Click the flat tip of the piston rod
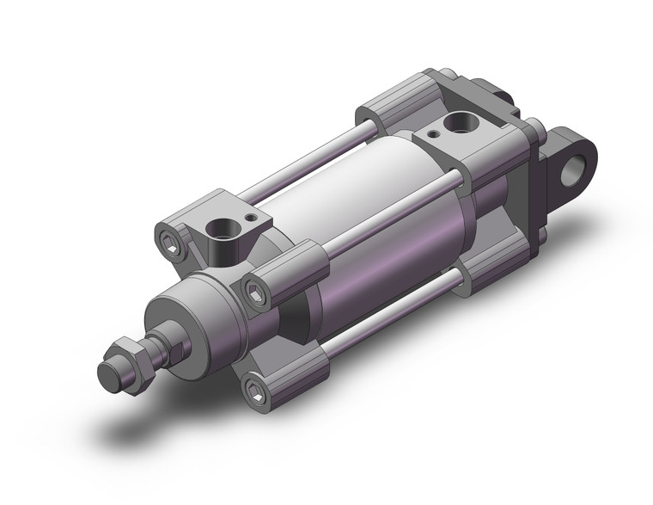pos(108,375)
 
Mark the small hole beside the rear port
pos(431,133)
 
